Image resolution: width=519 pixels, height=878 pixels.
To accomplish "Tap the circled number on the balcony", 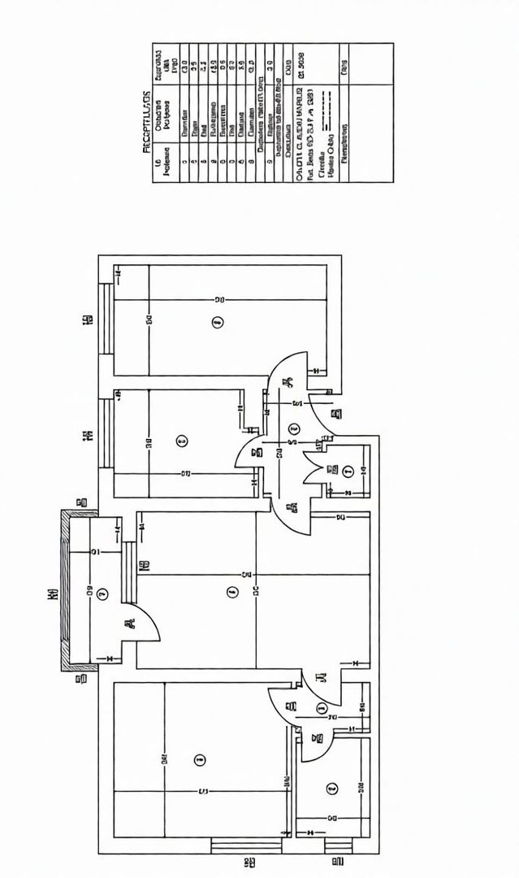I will pyautogui.click(x=101, y=594).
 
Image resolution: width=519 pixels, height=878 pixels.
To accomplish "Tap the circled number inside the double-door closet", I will pyautogui.click(x=348, y=470).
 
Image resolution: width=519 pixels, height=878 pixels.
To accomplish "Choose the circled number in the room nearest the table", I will pyautogui.click(x=216, y=323).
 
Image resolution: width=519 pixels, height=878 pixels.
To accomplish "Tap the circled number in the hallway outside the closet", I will pyautogui.click(x=294, y=428).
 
